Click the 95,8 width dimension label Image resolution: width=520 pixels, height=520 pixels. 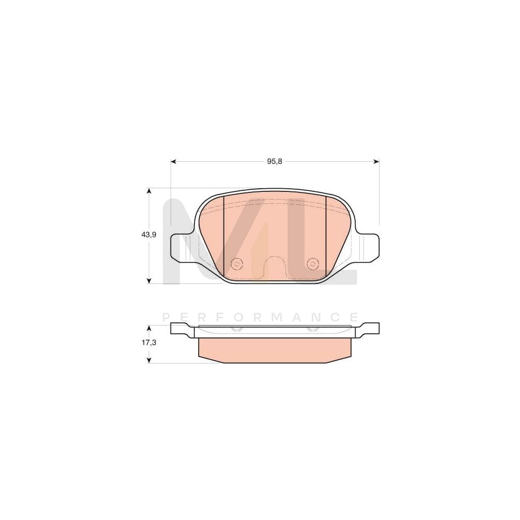275,162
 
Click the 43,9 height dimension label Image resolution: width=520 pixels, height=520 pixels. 149,235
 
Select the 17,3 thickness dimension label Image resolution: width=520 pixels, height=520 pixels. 149,344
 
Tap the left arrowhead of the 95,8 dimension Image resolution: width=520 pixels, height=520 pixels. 174,162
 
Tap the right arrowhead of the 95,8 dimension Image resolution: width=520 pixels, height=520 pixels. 376,162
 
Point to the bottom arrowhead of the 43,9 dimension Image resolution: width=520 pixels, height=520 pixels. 149,280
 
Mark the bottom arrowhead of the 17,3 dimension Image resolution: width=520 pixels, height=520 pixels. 149,360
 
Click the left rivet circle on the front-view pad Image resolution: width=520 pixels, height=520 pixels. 237,264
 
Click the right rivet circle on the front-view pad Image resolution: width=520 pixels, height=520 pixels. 313,264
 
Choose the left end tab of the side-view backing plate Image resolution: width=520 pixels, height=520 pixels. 180,328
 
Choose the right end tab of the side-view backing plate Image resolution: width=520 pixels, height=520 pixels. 370,328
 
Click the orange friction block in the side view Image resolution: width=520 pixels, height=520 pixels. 275,349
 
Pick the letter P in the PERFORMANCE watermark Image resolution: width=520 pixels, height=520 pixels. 166,317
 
